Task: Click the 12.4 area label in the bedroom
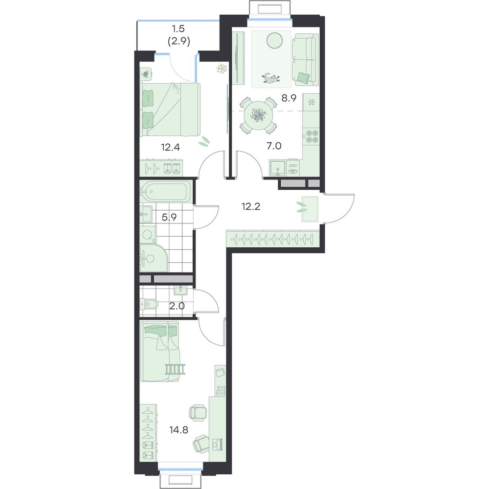171,147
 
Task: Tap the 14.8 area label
178,430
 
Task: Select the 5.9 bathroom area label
169,217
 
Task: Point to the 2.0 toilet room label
177,306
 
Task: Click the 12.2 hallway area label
251,206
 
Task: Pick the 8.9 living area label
289,98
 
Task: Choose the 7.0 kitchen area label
274,145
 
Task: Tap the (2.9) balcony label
179,41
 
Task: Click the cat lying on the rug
271,78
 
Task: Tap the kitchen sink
278,168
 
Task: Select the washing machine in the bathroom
148,235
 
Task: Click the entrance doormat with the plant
310,209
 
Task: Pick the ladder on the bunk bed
176,369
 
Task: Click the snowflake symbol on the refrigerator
311,102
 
